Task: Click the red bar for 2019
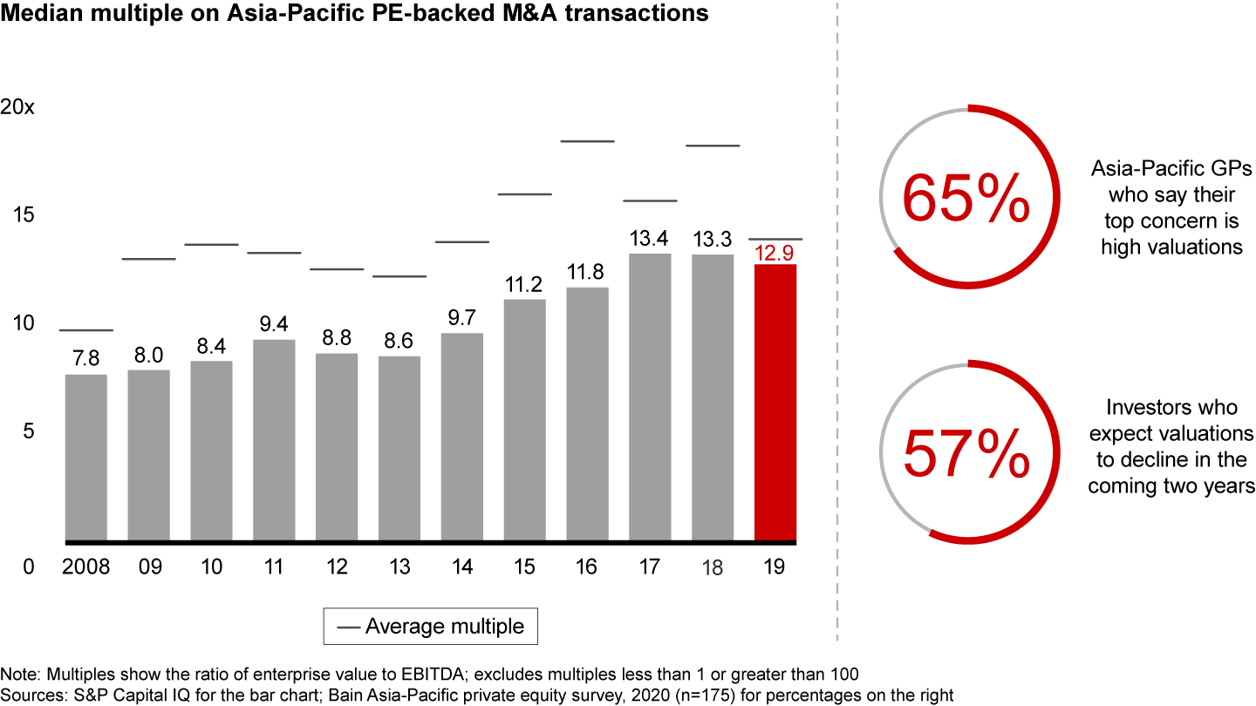point(775,401)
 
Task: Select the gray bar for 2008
point(85,457)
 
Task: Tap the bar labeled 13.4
point(649,397)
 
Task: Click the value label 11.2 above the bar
point(524,285)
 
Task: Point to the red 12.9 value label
point(775,254)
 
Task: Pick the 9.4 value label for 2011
point(273,325)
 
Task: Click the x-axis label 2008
point(85,567)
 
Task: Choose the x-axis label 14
point(461,567)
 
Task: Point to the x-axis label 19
point(775,567)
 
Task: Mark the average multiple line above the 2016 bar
point(587,140)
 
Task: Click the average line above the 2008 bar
point(85,330)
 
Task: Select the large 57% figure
point(966,452)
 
